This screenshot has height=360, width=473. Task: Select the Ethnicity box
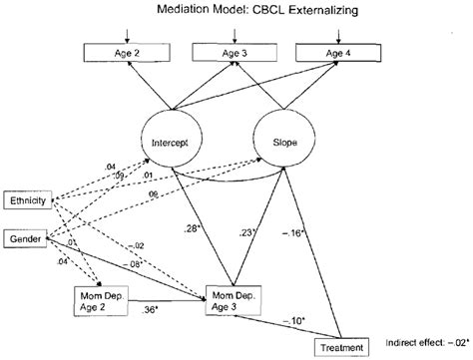[27, 200]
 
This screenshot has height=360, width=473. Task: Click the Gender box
[25, 239]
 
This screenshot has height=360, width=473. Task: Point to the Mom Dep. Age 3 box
[236, 297]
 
